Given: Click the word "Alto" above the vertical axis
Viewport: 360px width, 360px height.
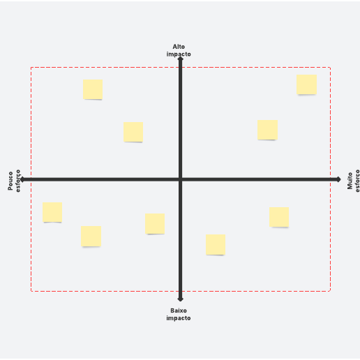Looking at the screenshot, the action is [x=179, y=47].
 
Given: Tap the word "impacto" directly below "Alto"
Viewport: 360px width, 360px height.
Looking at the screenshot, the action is [x=179, y=54].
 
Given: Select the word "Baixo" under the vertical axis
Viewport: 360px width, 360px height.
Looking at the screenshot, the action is [x=179, y=310].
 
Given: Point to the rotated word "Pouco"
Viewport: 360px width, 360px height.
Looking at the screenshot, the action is [x=10, y=181].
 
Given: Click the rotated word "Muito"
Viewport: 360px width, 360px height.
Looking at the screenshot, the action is [x=350, y=181].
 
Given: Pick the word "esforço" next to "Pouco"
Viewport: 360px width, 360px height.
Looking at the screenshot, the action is [x=18, y=181].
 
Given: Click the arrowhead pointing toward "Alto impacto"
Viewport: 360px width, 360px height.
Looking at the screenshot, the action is [x=180, y=59].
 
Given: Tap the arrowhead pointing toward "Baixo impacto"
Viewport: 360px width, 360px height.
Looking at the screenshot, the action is [x=180, y=299].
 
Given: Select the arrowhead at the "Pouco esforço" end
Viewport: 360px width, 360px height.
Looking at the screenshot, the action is [x=22, y=179].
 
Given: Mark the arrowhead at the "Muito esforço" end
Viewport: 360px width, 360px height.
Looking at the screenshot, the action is [x=338, y=179].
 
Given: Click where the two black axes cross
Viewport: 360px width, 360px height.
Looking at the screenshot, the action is [x=180, y=179].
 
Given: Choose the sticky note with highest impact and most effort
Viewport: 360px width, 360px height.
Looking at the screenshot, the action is [x=306, y=84].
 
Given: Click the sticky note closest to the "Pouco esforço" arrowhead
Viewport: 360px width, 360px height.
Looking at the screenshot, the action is [x=52, y=212].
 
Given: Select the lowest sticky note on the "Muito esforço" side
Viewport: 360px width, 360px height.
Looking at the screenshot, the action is [x=216, y=245].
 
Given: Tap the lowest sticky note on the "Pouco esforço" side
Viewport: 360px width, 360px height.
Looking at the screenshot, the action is [x=91, y=237].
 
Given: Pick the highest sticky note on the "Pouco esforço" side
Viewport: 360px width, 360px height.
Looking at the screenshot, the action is [x=93, y=89].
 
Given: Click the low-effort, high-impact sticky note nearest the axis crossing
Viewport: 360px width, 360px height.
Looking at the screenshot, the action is [x=133, y=132].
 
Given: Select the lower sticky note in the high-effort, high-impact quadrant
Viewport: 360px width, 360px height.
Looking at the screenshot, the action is [x=267, y=130].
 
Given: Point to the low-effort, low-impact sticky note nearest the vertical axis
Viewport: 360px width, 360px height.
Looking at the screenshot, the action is [x=155, y=224].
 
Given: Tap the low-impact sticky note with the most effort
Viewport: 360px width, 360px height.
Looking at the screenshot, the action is [x=279, y=217].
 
